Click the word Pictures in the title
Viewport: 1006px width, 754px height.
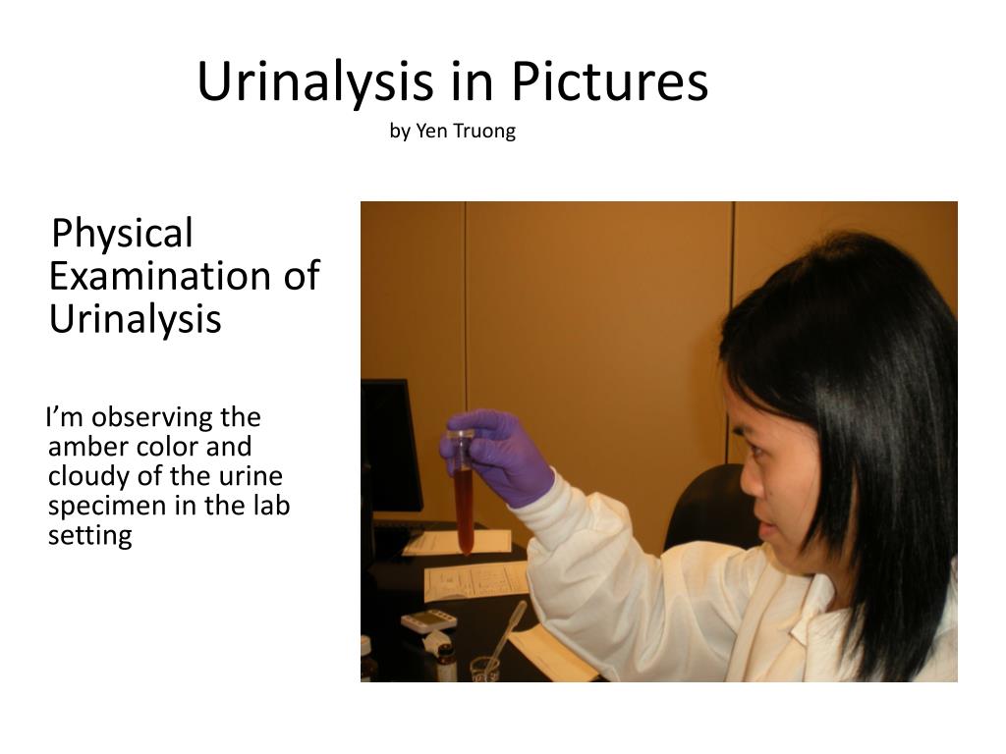(x=609, y=82)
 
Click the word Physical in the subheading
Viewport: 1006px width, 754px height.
(x=122, y=234)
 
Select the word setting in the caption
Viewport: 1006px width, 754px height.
(x=89, y=536)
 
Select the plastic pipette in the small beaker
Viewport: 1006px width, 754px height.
(x=503, y=634)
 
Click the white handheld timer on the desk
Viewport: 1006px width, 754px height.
(x=429, y=620)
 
